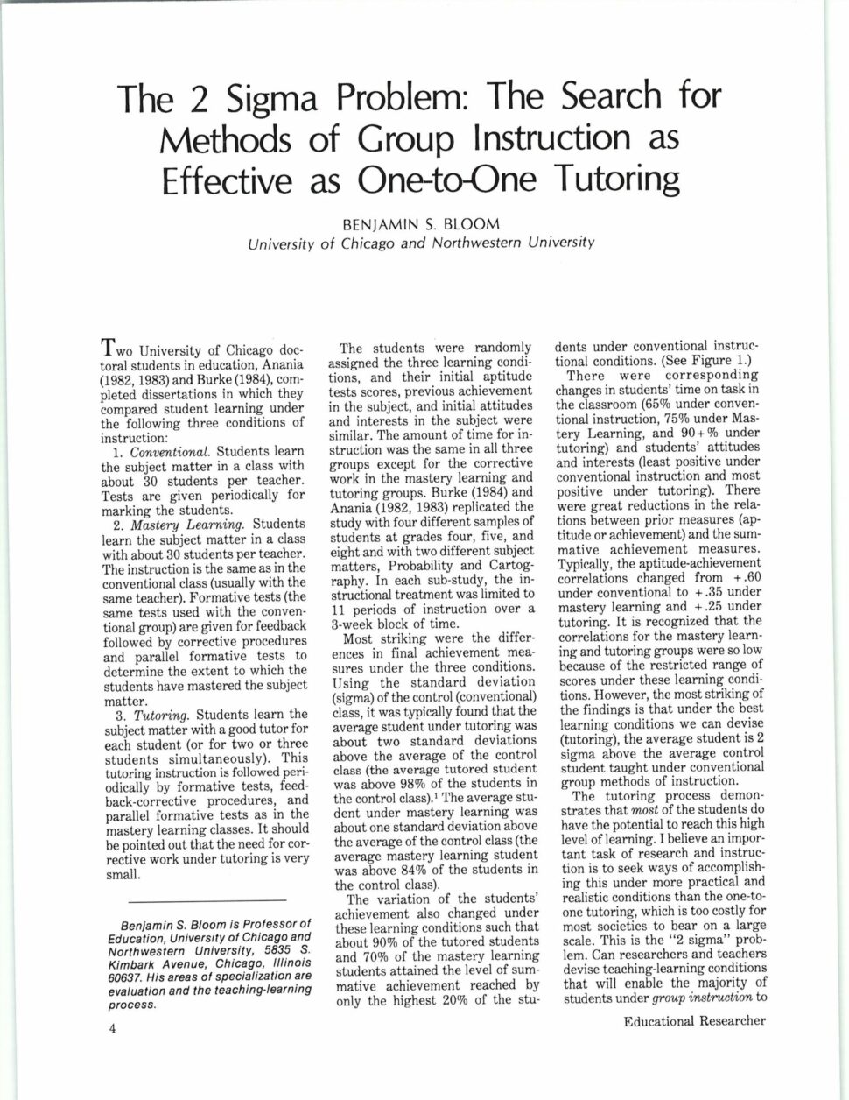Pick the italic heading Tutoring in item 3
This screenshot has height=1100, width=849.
pos(153,714)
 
